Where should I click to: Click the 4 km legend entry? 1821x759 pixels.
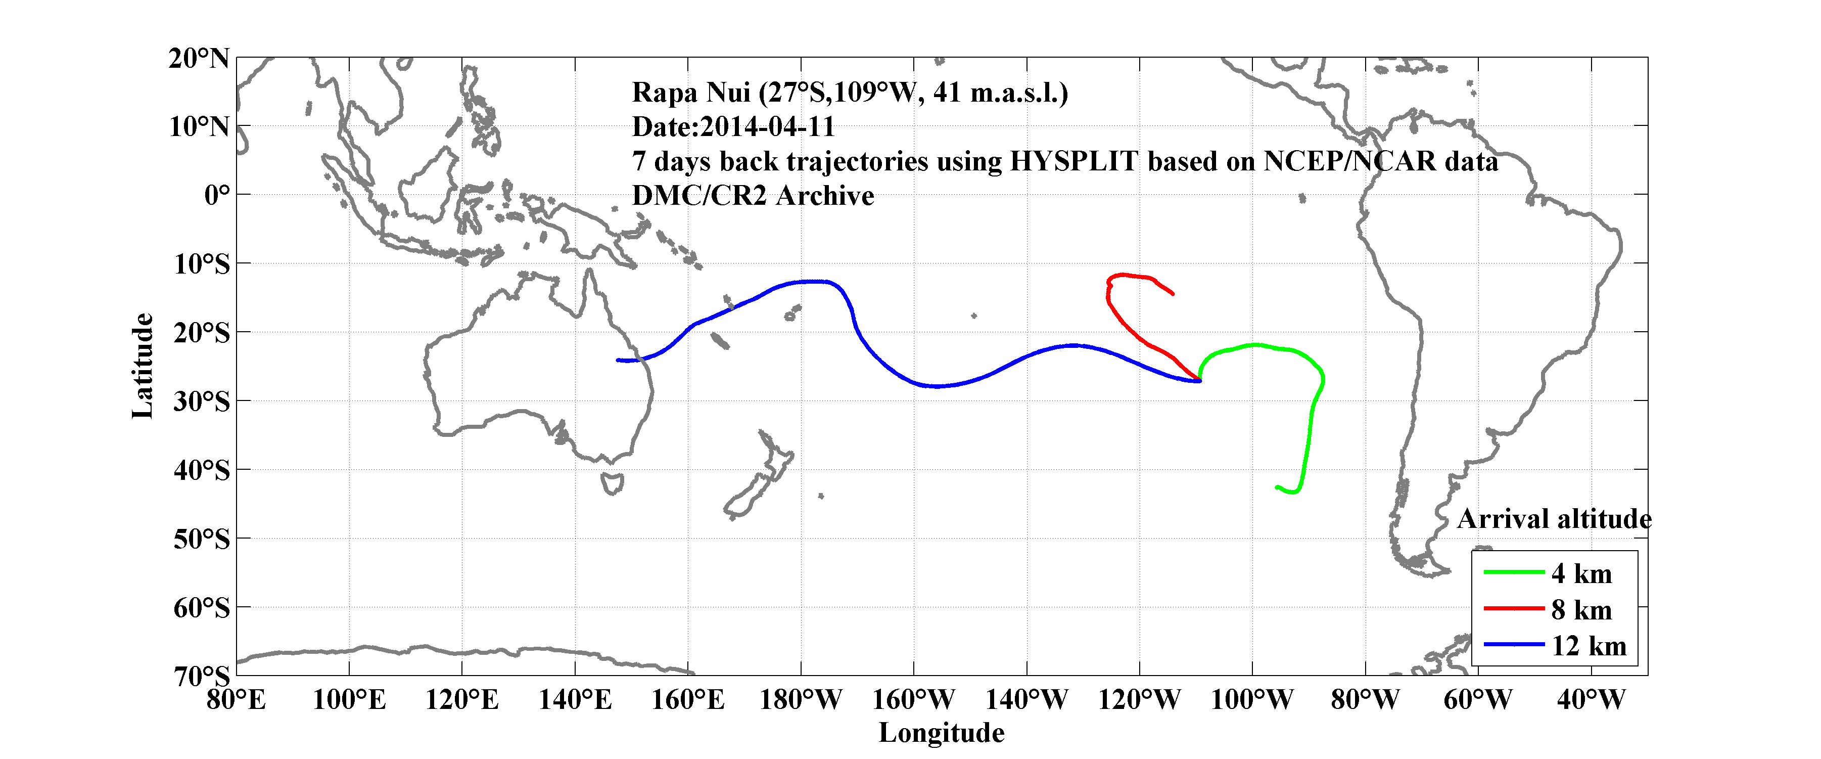coord(1581,573)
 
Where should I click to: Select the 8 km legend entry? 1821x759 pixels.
coord(1581,610)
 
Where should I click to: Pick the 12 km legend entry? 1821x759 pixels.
coord(1589,646)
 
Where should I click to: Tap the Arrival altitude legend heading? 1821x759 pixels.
coord(1554,519)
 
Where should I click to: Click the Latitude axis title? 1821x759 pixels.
coord(142,366)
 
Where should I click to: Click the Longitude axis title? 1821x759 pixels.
coord(941,733)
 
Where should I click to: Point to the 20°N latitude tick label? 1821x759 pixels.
coord(199,58)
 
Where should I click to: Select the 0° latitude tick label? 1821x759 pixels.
coord(217,195)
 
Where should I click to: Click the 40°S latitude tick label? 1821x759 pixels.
coord(202,470)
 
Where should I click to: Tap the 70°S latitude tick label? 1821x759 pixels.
coord(202,676)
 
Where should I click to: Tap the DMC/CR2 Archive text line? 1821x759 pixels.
coord(753,196)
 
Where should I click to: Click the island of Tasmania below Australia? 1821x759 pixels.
coord(612,484)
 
